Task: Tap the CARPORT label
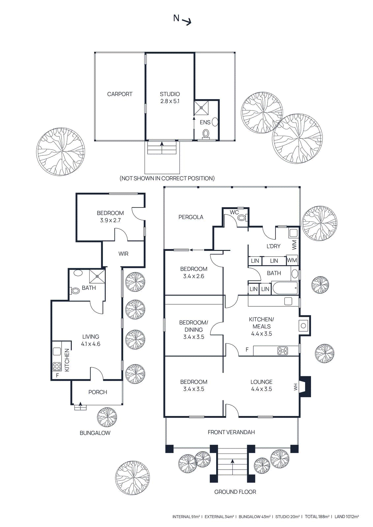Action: (x=120, y=94)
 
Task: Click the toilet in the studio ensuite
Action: (x=206, y=133)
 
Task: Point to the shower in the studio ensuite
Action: (x=201, y=108)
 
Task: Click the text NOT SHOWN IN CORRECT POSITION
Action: (x=167, y=178)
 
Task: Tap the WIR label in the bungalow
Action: (x=123, y=254)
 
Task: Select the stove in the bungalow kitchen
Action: (x=57, y=366)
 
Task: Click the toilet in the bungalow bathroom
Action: (x=75, y=291)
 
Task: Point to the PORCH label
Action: (x=98, y=392)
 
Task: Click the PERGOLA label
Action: (x=191, y=217)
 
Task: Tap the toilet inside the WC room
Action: (x=242, y=217)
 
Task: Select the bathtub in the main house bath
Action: (x=285, y=288)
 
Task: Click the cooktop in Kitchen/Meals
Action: (x=283, y=351)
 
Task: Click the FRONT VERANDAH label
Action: (x=231, y=432)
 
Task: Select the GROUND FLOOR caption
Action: (x=235, y=492)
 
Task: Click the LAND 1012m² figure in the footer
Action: (x=347, y=517)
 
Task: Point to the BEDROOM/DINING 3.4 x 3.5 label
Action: (x=193, y=329)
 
